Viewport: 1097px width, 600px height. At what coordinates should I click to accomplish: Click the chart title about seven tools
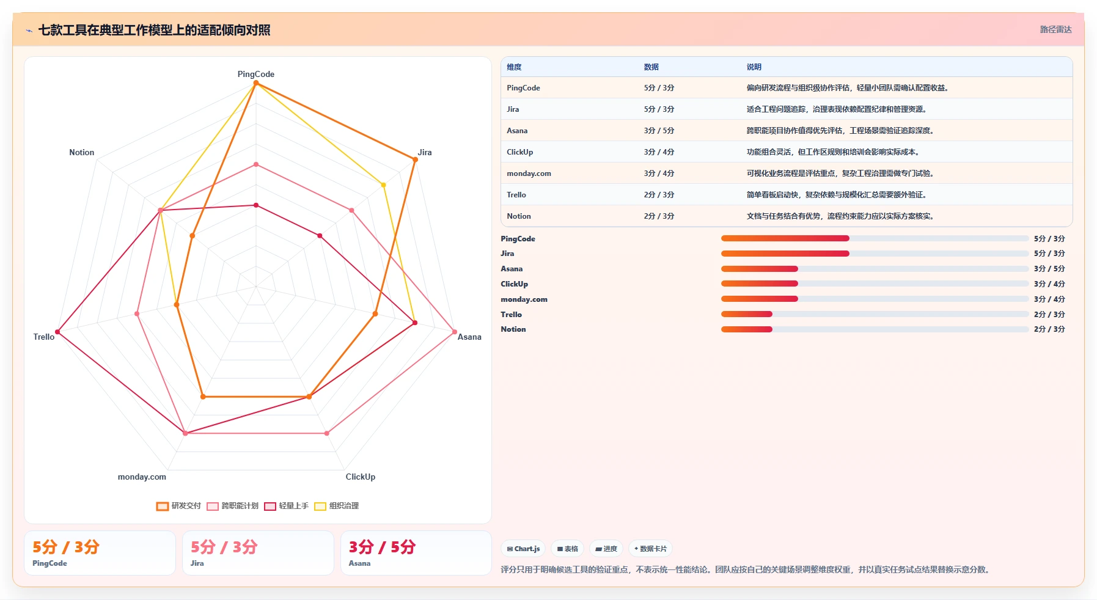tap(154, 30)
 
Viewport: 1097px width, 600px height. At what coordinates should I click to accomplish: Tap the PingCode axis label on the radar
tap(256, 74)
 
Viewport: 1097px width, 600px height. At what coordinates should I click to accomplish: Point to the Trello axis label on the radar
tap(44, 337)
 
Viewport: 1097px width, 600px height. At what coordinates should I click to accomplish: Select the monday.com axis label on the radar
tap(142, 477)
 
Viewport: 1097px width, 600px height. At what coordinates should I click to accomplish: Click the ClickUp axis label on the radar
tap(361, 477)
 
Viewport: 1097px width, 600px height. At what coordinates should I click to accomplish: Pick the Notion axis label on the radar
tap(82, 152)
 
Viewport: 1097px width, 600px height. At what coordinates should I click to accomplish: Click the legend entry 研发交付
tap(178, 506)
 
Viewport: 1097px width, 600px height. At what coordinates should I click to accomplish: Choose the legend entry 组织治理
tap(336, 506)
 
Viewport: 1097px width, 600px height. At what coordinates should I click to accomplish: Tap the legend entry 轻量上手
tap(286, 506)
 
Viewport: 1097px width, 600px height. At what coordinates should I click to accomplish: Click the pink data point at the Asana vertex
tap(455, 332)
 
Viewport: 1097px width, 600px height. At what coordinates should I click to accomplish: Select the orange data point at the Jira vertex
tap(416, 160)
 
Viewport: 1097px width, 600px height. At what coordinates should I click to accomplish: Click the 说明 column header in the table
tap(754, 67)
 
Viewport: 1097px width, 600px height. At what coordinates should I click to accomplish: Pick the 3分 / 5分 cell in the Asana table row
tap(659, 131)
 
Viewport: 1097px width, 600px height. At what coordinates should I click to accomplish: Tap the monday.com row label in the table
tap(529, 174)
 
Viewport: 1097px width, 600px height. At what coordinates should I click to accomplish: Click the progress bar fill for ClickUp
tap(760, 284)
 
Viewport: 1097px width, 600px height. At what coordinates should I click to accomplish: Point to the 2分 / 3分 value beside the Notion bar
tap(1049, 329)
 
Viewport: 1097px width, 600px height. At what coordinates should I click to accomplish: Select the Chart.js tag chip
tap(523, 549)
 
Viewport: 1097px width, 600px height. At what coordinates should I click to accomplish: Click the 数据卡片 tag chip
tap(650, 549)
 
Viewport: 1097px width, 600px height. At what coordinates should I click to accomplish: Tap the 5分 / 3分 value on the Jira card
tap(224, 547)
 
